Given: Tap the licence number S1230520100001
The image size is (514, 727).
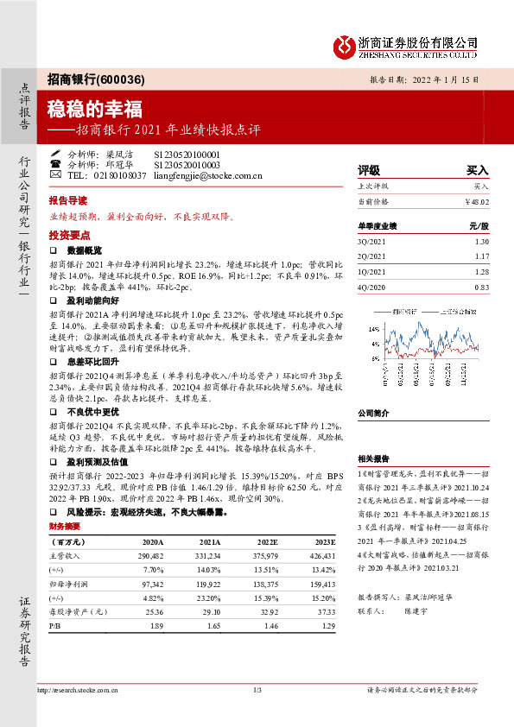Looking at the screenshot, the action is pyautogui.click(x=187, y=153).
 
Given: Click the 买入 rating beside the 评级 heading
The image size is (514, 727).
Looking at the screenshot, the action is pyautogui.click(x=477, y=170).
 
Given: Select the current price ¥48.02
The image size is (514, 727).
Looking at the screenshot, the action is pyautogui.click(x=477, y=201).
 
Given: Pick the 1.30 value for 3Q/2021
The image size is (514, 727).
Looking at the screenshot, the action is pyautogui.click(x=481, y=242).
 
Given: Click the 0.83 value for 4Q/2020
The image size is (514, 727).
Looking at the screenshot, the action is pyautogui.click(x=481, y=286).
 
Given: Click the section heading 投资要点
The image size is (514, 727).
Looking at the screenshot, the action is pyautogui.click(x=67, y=235).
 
